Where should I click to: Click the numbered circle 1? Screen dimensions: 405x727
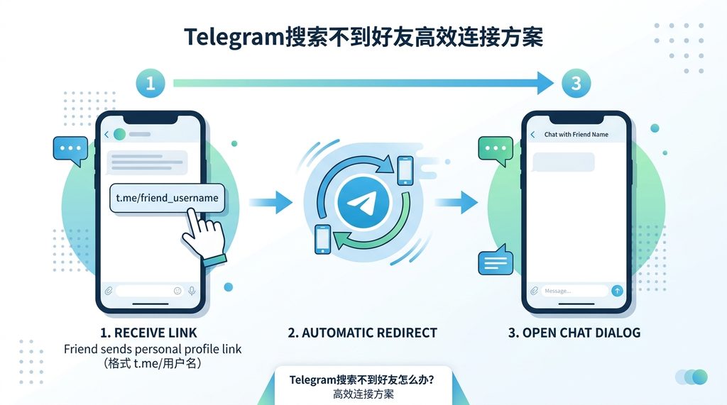[150, 83]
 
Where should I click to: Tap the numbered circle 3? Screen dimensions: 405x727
[576, 83]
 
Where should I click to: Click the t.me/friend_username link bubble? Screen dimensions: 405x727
[168, 197]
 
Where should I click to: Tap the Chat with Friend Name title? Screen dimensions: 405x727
[576, 134]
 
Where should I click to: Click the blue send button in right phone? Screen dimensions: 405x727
[617, 290]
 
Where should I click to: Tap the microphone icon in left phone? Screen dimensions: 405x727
[191, 290]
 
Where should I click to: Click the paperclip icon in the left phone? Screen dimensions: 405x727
[109, 290]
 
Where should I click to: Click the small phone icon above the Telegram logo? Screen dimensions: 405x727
[405, 170]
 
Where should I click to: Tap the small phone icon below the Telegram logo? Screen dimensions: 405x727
[322, 238]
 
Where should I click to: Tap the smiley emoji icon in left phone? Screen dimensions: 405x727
[177, 290]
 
